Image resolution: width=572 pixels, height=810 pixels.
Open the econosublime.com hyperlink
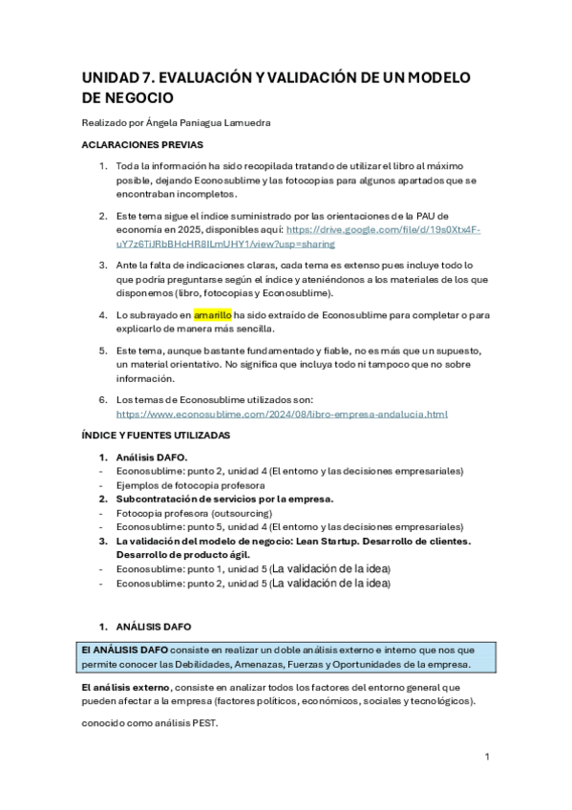pos(282,414)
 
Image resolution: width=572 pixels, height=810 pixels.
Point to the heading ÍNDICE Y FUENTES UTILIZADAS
pos(157,436)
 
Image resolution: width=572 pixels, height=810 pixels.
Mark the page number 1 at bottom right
pos(487,757)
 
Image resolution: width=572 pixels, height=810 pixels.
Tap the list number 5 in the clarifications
pos(103,351)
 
